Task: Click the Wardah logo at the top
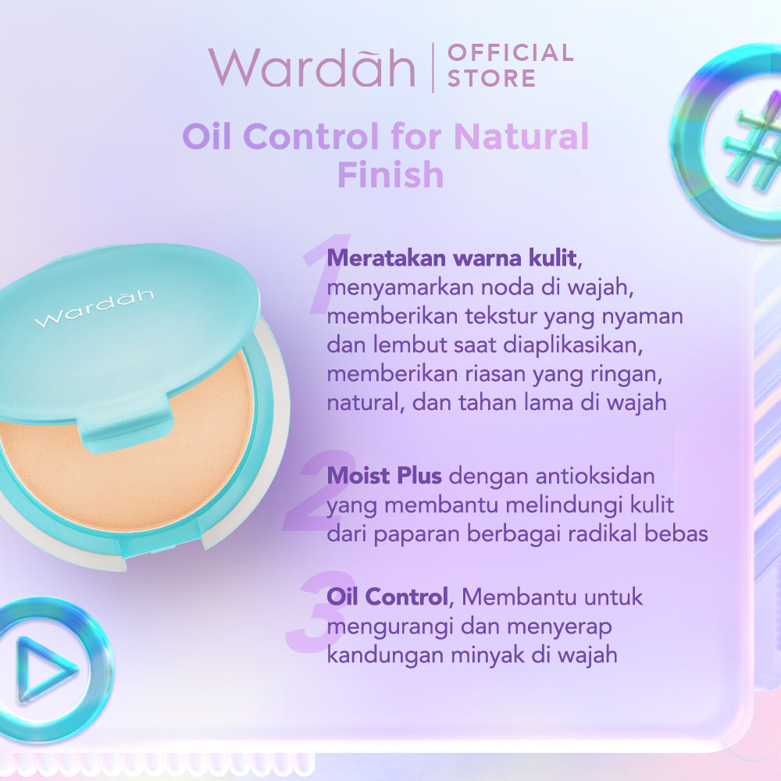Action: pyautogui.click(x=311, y=67)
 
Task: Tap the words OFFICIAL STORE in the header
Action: pyautogui.click(x=509, y=66)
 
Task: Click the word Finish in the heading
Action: pyautogui.click(x=390, y=175)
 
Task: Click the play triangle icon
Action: pyautogui.click(x=45, y=669)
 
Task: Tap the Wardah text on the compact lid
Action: pyautogui.click(x=94, y=308)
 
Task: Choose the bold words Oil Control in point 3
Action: pyautogui.click(x=387, y=597)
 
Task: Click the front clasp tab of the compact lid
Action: pyautogui.click(x=125, y=432)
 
